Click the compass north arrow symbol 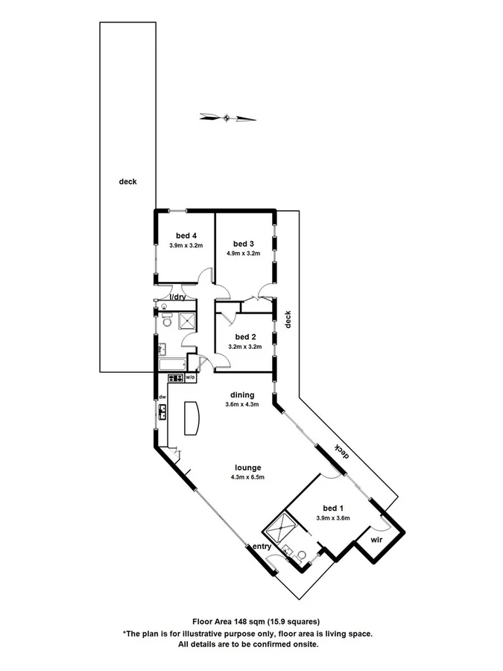pos(227,117)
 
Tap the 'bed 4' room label pos(186,236)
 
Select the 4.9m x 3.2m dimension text pos(243,253)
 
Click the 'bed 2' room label pos(244,336)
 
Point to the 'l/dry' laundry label pos(178,297)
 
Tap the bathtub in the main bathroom pos(172,365)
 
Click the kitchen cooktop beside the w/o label pos(173,378)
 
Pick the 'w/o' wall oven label pos(190,378)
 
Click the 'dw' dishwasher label pos(161,397)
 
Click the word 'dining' pos(242,395)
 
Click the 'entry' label pos(262,546)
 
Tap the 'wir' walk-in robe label pos(378,538)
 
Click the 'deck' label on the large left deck pos(127,181)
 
